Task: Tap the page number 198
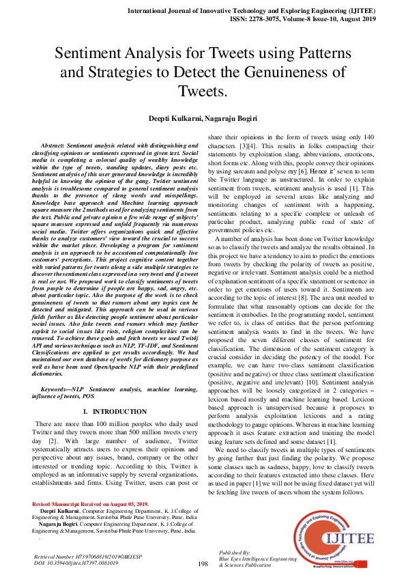pyautogui.click(x=203, y=564)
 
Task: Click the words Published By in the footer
pyautogui.click(x=236, y=552)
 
